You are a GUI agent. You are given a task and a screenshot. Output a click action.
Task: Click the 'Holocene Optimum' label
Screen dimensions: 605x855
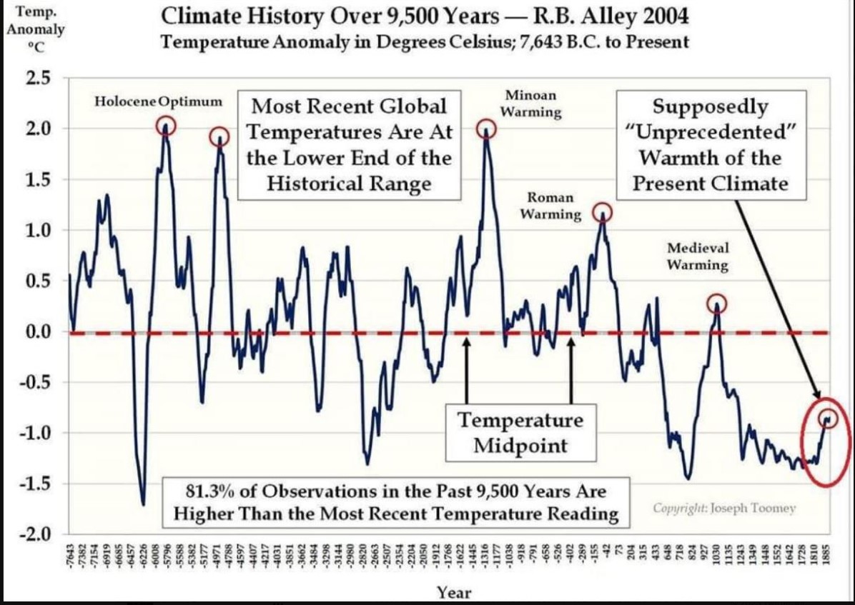pyautogui.click(x=159, y=101)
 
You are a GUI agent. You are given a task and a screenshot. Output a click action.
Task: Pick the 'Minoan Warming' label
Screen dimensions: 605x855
pyautogui.click(x=530, y=104)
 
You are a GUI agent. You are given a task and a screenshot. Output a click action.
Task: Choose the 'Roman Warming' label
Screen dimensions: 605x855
pyautogui.click(x=550, y=206)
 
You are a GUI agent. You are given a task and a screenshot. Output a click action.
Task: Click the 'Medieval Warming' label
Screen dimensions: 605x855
pyautogui.click(x=698, y=256)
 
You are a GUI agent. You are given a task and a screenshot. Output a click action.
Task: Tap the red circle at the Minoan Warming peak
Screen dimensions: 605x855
pyautogui.click(x=487, y=129)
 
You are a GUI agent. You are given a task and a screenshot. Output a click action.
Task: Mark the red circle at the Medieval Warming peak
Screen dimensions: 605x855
pyautogui.click(x=718, y=303)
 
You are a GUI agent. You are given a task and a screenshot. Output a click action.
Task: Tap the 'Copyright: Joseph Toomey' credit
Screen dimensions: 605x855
pyautogui.click(x=723, y=509)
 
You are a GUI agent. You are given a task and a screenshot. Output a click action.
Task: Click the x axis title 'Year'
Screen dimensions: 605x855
pyautogui.click(x=455, y=593)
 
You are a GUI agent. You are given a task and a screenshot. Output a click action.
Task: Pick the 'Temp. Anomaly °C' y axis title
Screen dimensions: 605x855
pyautogui.click(x=35, y=29)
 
